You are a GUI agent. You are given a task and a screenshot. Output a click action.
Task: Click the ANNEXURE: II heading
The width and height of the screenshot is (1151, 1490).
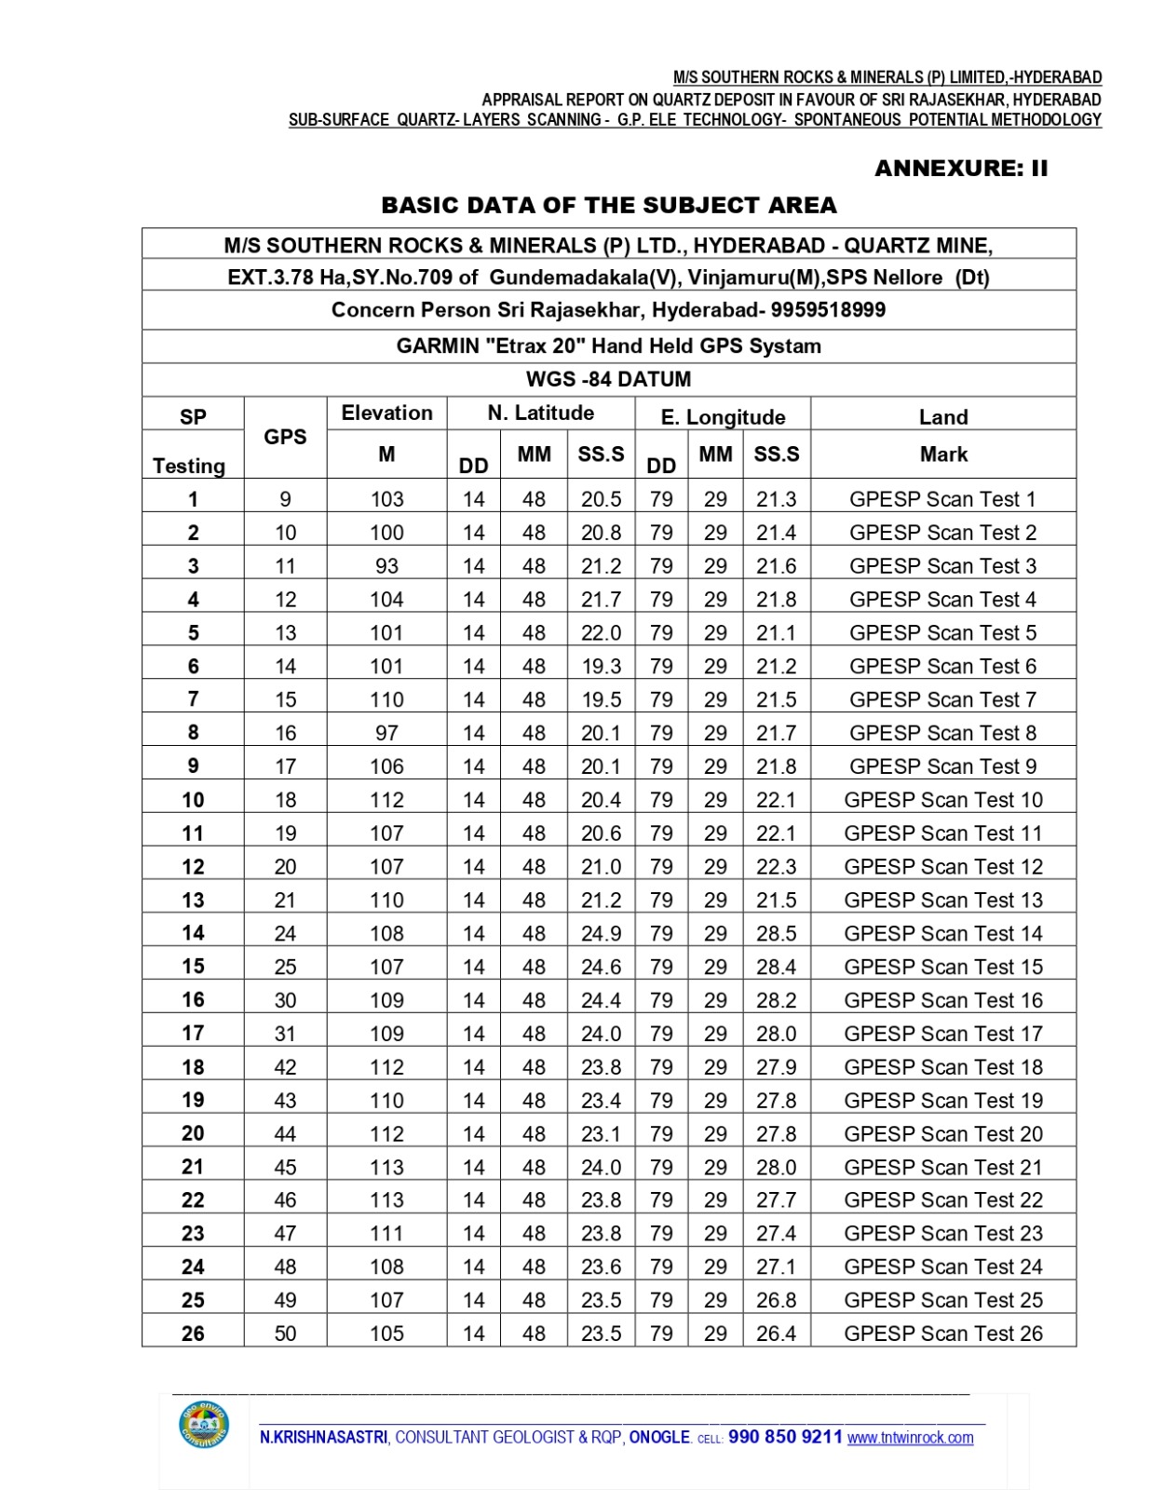pos(960,169)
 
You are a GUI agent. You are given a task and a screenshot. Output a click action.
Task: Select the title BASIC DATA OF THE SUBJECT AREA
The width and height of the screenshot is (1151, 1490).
pos(609,205)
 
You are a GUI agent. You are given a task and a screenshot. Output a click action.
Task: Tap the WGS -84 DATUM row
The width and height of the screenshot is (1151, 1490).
pos(608,380)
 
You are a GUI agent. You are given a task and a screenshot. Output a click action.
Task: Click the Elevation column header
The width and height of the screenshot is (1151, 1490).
pos(386,413)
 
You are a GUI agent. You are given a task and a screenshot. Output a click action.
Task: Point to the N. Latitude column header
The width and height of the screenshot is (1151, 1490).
pos(540,413)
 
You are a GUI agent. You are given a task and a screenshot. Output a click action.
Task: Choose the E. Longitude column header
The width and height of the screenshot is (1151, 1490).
pos(723,416)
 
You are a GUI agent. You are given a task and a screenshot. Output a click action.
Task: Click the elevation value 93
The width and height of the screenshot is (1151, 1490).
pos(386,566)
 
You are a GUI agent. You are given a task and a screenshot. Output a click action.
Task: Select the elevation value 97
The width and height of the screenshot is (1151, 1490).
pos(386,733)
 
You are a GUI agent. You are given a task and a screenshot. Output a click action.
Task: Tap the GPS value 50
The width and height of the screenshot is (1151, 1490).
pos(285,1334)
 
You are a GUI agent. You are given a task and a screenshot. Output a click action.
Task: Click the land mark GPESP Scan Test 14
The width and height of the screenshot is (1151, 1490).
pos(942,933)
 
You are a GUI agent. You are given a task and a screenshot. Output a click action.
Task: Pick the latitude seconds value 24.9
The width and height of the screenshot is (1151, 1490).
pos(601,933)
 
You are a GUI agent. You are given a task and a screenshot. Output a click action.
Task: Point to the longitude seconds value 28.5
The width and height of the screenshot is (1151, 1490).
pos(776,933)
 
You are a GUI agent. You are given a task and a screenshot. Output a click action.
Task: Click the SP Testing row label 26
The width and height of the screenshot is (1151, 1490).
pos(193,1334)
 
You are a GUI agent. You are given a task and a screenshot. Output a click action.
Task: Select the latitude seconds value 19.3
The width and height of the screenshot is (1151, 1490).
pos(601,666)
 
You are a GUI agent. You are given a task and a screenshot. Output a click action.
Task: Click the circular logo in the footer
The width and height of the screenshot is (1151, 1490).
pos(204,1426)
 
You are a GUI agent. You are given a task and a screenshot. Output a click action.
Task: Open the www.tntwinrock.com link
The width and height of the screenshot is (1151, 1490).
pos(910,1438)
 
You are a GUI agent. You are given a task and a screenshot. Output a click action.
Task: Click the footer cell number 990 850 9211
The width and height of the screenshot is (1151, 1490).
pos(785,1437)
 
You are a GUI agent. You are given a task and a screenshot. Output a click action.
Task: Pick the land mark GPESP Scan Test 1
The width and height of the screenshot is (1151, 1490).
pos(942,499)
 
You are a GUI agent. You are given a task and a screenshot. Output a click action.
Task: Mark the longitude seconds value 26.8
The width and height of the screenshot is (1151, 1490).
pos(776,1300)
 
